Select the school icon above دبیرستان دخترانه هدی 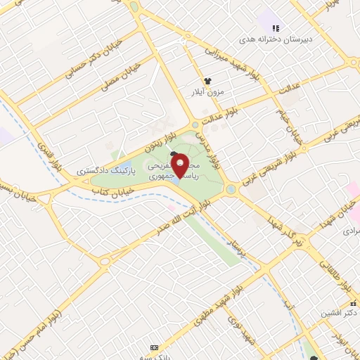(276, 29)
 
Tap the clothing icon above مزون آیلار (207, 82)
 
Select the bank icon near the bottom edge (155, 348)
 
